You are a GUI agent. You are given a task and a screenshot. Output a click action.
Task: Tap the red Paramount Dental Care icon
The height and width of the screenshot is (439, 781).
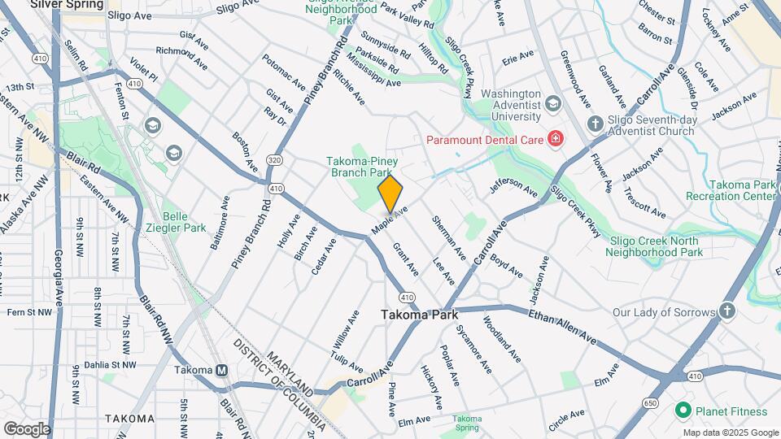[x=556, y=139]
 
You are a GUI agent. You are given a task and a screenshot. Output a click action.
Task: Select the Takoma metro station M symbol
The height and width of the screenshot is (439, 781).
[x=221, y=370]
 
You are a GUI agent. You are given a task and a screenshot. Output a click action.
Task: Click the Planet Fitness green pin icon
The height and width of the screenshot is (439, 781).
[x=682, y=410]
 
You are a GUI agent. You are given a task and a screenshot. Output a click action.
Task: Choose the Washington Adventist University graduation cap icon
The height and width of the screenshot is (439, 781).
[x=553, y=103]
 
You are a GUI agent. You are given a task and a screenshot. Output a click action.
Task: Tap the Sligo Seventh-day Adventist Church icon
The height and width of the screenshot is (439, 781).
[x=595, y=123]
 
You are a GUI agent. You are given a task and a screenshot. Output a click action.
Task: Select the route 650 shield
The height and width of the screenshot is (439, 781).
[x=650, y=402]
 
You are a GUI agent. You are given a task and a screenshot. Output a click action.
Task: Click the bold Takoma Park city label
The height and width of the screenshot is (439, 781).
[x=420, y=315]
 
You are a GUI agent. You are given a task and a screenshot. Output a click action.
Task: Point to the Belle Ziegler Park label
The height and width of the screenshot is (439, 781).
[x=185, y=222]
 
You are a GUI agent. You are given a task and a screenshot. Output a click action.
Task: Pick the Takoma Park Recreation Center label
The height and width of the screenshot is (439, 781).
[x=741, y=190]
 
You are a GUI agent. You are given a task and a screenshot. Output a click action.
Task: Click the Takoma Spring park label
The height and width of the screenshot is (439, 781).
[x=466, y=422]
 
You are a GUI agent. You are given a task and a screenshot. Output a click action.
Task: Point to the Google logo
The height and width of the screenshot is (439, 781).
[x=27, y=429]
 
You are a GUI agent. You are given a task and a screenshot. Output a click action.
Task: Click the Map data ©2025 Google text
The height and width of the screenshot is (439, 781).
[x=730, y=433]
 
